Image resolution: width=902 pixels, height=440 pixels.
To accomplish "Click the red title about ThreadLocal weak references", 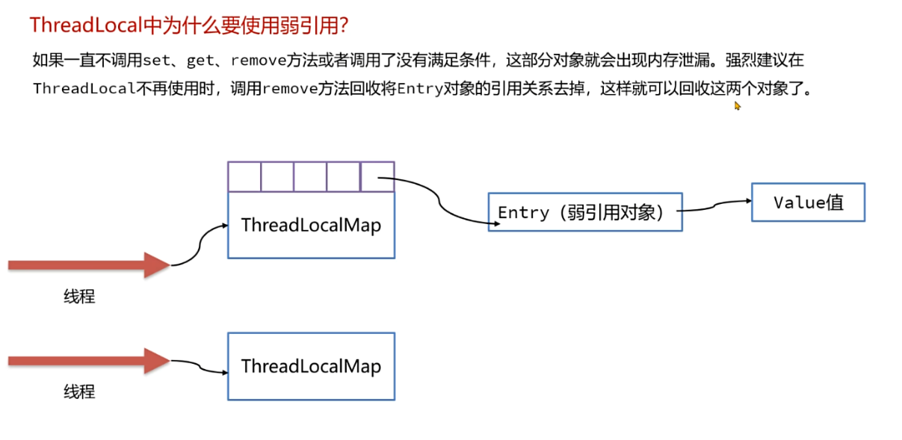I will [x=189, y=25].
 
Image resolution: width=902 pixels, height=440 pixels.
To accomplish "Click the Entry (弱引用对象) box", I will [x=584, y=212].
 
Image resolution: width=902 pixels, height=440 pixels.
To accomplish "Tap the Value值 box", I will [x=808, y=202].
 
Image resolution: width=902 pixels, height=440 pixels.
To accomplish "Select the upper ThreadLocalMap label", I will [x=311, y=225].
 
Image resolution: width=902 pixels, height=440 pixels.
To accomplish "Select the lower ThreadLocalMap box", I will [x=311, y=366].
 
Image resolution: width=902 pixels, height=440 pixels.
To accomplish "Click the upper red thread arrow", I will [x=88, y=265].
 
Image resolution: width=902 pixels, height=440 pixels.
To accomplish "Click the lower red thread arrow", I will [x=88, y=361].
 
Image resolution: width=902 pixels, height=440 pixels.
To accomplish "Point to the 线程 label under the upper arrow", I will [x=79, y=297].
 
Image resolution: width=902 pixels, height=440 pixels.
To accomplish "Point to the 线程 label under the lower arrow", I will [x=79, y=391].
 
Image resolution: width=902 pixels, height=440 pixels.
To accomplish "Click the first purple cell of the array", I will [x=244, y=177].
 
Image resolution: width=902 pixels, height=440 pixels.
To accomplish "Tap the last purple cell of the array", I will [x=377, y=177].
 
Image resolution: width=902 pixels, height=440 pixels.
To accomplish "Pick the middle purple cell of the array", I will [x=310, y=177].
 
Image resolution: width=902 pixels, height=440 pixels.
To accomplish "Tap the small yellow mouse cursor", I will [x=738, y=106].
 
